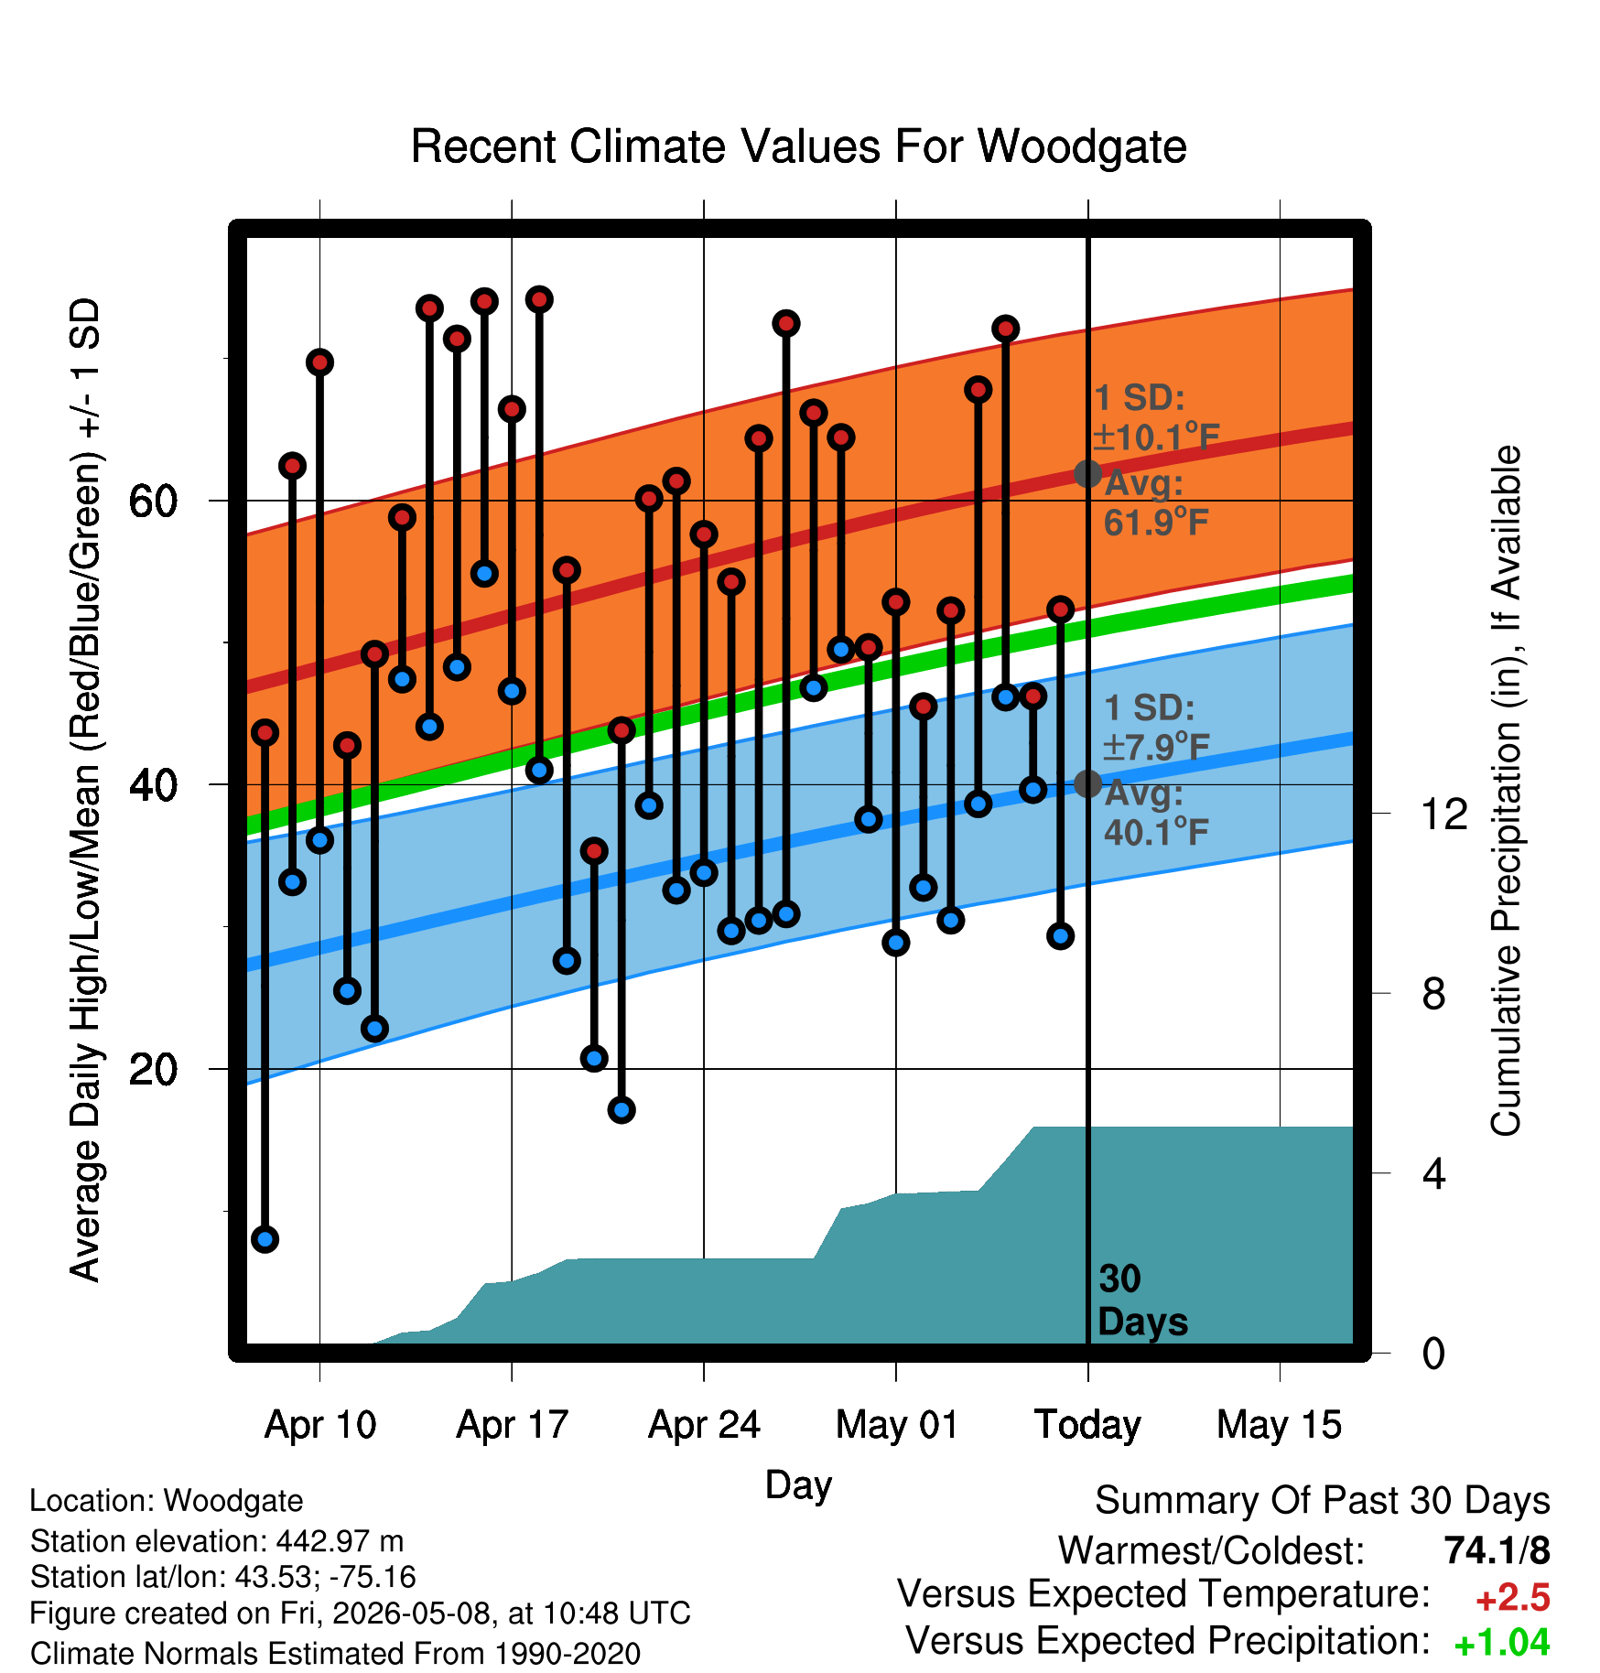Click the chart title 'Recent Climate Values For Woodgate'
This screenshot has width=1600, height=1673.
point(798,146)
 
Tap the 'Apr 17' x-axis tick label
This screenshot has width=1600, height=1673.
point(513,1425)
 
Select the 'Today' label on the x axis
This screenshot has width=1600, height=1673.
point(1087,1425)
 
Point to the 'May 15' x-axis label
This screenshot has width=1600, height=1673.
point(1279,1425)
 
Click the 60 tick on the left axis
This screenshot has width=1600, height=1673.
point(153,501)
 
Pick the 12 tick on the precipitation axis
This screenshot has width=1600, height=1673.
point(1444,814)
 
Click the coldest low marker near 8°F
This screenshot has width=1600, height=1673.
point(265,1239)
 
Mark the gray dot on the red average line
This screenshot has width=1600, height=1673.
point(1087,473)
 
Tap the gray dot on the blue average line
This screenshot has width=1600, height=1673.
point(1087,783)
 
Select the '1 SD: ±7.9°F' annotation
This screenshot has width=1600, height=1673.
point(1156,728)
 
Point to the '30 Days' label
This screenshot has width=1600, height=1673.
point(1142,1301)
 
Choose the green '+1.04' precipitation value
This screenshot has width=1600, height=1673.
point(1502,1643)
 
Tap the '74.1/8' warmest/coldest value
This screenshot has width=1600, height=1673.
point(1497,1550)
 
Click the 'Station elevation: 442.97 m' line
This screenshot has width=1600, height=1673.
point(217,1541)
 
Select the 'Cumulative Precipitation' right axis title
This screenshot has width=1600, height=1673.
point(1506,792)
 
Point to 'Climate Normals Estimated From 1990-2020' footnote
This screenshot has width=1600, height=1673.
point(335,1654)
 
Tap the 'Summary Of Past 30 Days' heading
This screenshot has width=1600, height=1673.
point(1323,1501)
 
